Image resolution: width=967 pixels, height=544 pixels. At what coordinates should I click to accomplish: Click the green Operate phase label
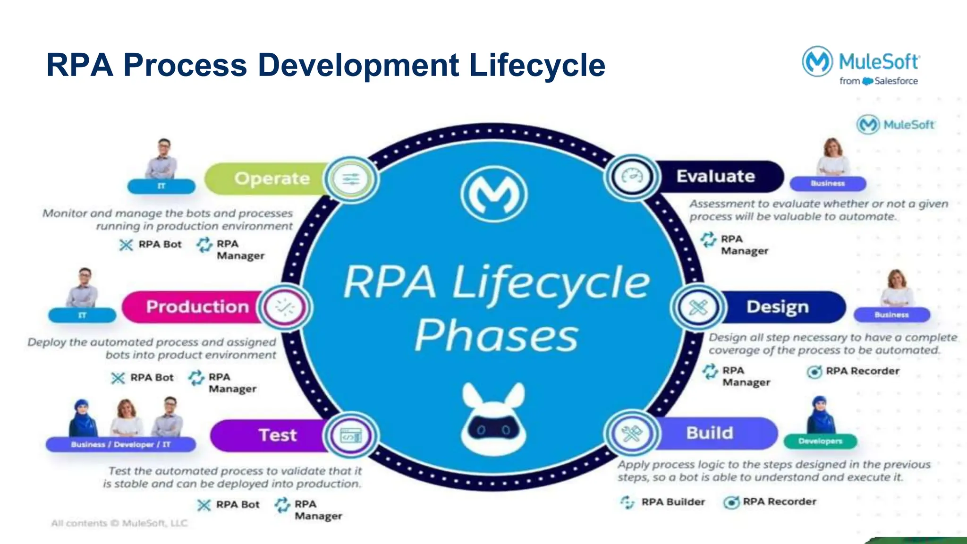[x=271, y=178]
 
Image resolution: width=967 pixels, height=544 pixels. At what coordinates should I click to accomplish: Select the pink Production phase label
[x=197, y=307]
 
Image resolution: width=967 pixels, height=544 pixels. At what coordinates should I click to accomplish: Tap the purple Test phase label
[x=278, y=435]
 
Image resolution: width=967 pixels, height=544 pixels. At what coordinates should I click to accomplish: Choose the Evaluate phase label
[x=715, y=176]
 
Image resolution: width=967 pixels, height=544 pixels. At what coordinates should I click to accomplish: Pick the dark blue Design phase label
[x=777, y=307]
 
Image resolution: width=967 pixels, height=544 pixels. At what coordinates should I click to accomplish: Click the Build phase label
[x=709, y=433]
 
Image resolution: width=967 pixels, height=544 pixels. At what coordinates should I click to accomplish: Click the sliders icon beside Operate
[x=351, y=179]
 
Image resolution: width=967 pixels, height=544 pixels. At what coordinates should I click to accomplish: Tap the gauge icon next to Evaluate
[x=632, y=177]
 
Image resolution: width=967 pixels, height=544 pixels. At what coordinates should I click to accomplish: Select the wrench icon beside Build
[x=631, y=433]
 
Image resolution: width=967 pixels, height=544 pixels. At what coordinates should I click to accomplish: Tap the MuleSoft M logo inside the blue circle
[x=493, y=194]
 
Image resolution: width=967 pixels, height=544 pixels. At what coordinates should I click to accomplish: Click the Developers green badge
[x=820, y=441]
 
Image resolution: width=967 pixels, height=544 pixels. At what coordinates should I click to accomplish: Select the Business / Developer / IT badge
[x=120, y=444]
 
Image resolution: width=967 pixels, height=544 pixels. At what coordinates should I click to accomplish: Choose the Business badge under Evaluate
[x=828, y=183]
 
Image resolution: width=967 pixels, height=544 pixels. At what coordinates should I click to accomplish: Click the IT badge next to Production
[x=82, y=315]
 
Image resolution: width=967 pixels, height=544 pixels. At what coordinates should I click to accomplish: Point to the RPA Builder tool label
[x=672, y=502]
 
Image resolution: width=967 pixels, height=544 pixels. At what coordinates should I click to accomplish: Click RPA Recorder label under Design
[x=862, y=371]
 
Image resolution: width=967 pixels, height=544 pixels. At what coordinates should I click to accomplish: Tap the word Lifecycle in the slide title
[x=537, y=65]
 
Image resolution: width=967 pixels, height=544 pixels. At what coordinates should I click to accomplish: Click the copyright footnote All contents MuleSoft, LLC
[x=119, y=523]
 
